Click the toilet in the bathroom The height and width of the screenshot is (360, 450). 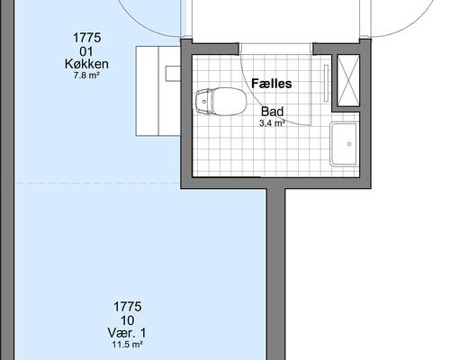[221, 102]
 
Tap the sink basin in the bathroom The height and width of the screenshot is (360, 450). [345, 144]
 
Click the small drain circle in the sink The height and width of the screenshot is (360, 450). [349, 144]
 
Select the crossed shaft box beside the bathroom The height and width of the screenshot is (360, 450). [348, 80]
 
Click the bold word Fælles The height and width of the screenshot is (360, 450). [272, 84]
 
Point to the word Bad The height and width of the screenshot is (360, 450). [272, 112]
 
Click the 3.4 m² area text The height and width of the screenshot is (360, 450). [272, 123]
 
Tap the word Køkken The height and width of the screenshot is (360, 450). [86, 64]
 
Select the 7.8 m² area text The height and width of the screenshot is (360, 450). [86, 76]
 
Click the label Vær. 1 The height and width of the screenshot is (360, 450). [127, 333]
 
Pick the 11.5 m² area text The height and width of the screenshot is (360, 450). [127, 345]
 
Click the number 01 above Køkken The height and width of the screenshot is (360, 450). [86, 51]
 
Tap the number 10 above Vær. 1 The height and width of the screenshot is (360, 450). [127, 320]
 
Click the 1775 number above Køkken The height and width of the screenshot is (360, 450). [86, 38]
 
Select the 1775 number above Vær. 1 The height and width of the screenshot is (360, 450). [127, 307]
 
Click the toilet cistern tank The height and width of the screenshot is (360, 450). [203, 102]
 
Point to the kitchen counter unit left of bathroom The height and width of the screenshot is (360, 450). [158, 91]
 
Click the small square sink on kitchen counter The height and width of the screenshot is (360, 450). [173, 74]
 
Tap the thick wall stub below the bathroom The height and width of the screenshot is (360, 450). [275, 274]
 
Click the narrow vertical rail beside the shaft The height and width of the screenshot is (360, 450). [326, 83]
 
